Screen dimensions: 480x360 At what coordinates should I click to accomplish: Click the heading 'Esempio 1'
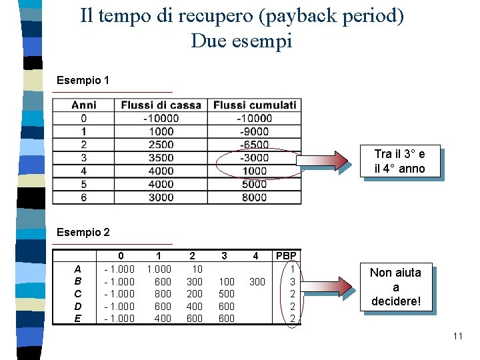[83, 81]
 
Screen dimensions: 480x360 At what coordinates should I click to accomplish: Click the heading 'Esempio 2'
[83, 233]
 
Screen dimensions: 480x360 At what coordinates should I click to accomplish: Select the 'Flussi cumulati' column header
[255, 105]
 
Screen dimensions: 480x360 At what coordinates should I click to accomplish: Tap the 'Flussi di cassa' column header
[161, 105]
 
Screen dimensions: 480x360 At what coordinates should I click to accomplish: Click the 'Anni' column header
[84, 105]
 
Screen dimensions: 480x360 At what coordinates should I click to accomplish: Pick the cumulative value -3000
[255, 158]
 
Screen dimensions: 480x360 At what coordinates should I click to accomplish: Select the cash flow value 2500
[161, 145]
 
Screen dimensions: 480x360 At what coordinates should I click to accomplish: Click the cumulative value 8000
[255, 197]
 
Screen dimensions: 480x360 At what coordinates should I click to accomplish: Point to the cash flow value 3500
[161, 158]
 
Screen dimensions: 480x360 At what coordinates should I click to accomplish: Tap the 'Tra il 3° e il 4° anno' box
[399, 162]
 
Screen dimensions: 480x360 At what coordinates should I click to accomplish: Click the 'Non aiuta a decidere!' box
[395, 287]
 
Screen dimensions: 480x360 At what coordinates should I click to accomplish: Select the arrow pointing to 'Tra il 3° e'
[326, 161]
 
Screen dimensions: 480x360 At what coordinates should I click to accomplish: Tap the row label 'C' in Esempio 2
[78, 294]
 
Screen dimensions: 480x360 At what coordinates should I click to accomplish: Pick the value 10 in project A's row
[197, 269]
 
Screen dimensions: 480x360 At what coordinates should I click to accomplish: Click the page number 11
[457, 336]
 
